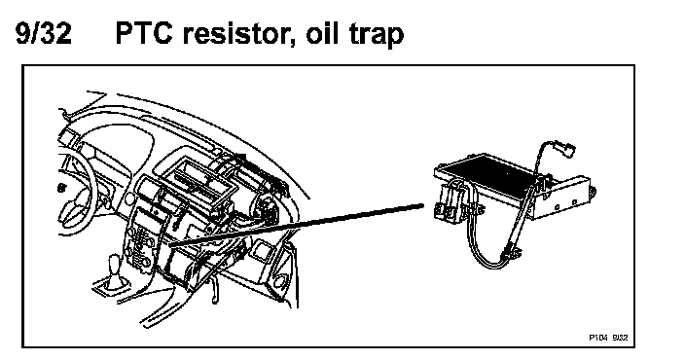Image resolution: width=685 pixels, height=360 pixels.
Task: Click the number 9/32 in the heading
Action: pyautogui.click(x=43, y=33)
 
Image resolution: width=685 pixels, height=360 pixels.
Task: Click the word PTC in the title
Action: pyautogui.click(x=144, y=33)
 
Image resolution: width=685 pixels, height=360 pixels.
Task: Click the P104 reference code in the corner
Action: pyautogui.click(x=597, y=338)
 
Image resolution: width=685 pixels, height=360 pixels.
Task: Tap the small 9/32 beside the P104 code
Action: pyautogui.click(x=620, y=338)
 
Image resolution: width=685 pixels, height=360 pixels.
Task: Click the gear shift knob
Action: pyautogui.click(x=115, y=264)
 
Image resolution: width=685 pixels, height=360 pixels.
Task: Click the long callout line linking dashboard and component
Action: pyautogui.click(x=296, y=225)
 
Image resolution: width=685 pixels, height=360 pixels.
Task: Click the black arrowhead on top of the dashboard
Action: pyautogui.click(x=239, y=157)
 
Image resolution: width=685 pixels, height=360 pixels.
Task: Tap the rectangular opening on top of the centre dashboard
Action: pyautogui.click(x=197, y=183)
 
